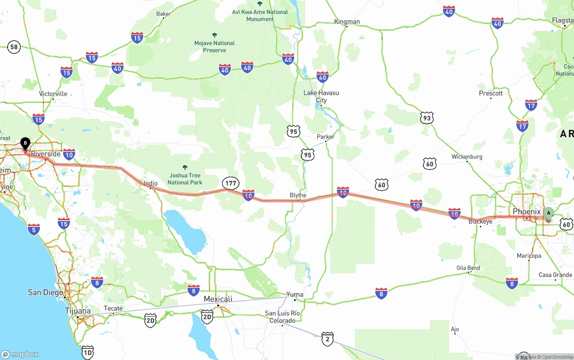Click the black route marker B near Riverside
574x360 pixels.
coord(26,144)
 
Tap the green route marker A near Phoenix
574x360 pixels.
coord(548,213)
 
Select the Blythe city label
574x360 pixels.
coord(298,195)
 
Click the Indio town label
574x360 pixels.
coord(150,183)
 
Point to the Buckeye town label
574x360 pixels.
coord(480,221)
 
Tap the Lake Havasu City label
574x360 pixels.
coord(321,96)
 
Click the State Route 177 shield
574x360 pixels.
coord(231,183)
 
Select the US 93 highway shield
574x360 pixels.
coord(427,118)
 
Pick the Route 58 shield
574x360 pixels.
coord(14,47)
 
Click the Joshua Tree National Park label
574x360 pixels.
coord(185,178)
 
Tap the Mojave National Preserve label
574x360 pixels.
coord(214,47)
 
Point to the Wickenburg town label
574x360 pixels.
coord(467,157)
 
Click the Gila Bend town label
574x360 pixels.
coord(468,268)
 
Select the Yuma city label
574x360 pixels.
coord(295,295)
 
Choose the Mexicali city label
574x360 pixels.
coord(218,299)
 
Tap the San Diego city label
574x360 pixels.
coord(45,292)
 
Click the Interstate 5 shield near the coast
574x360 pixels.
coord(34,230)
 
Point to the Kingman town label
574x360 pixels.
coord(347,22)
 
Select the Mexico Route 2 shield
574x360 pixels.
coord(327,339)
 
